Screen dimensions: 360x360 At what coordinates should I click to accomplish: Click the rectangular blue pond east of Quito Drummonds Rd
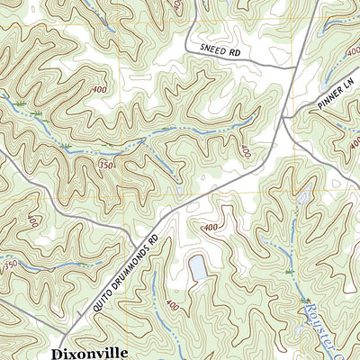point(195,267)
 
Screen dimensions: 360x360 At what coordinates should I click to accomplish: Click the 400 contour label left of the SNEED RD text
point(175,7)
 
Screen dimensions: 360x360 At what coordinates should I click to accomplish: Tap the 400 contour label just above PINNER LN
point(350,56)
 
